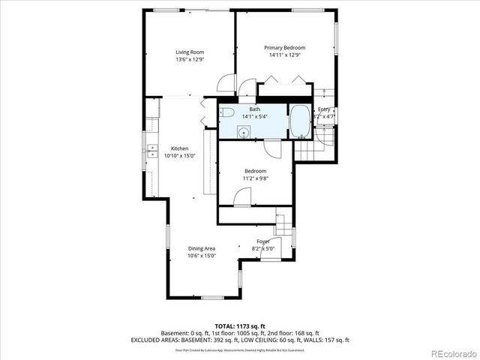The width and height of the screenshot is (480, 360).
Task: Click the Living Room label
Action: [190, 52]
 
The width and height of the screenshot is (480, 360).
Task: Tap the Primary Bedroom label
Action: [284, 47]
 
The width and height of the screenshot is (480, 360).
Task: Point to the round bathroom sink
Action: [244, 132]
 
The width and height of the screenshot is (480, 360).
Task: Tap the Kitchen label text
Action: [179, 148]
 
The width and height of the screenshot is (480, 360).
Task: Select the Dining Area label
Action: [201, 248]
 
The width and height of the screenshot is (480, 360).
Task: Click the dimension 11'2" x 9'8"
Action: [254, 178]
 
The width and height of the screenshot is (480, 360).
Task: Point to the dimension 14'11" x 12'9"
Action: [284, 55]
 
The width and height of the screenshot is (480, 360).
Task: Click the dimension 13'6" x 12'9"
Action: [190, 59]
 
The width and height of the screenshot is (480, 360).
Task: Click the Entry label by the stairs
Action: [324, 109]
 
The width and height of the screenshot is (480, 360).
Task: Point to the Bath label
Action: [255, 109]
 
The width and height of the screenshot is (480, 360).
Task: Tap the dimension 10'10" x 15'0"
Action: [179, 156]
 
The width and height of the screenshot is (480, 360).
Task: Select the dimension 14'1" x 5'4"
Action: [255, 117]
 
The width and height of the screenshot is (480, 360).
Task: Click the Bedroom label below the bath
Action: [254, 171]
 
